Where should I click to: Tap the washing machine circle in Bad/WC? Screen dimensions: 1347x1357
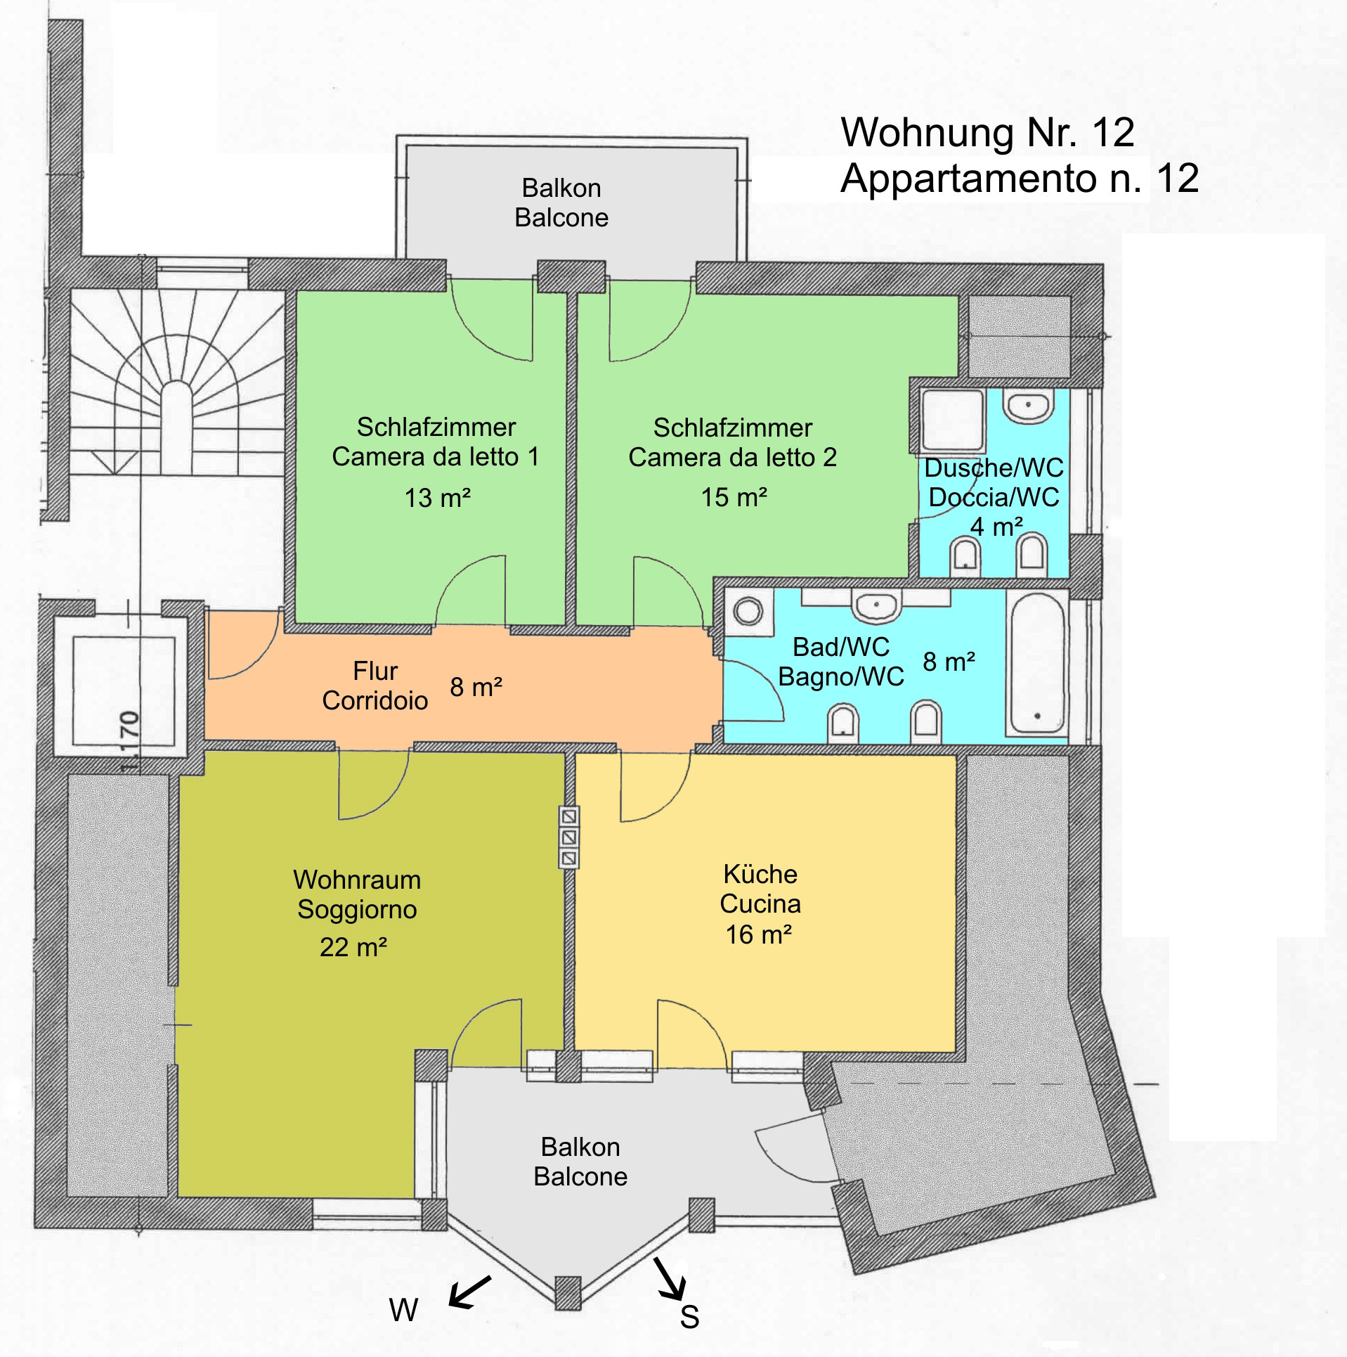pos(748,610)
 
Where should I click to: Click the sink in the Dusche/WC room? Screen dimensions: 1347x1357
pos(1028,405)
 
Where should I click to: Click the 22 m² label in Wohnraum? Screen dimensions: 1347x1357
pos(353,947)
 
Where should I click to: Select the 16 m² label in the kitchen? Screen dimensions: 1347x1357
pos(759,934)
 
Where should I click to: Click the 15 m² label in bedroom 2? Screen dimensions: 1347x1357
pos(734,497)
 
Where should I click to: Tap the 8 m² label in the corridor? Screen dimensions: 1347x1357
pos(476,687)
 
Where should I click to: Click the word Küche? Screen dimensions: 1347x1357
pos(760,874)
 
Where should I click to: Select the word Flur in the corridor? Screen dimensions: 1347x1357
pos(375,671)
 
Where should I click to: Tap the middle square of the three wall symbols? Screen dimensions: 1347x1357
pos(568,837)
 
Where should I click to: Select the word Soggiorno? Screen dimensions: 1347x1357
pos(357,910)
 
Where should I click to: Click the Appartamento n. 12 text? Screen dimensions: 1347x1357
pos(1020,178)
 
